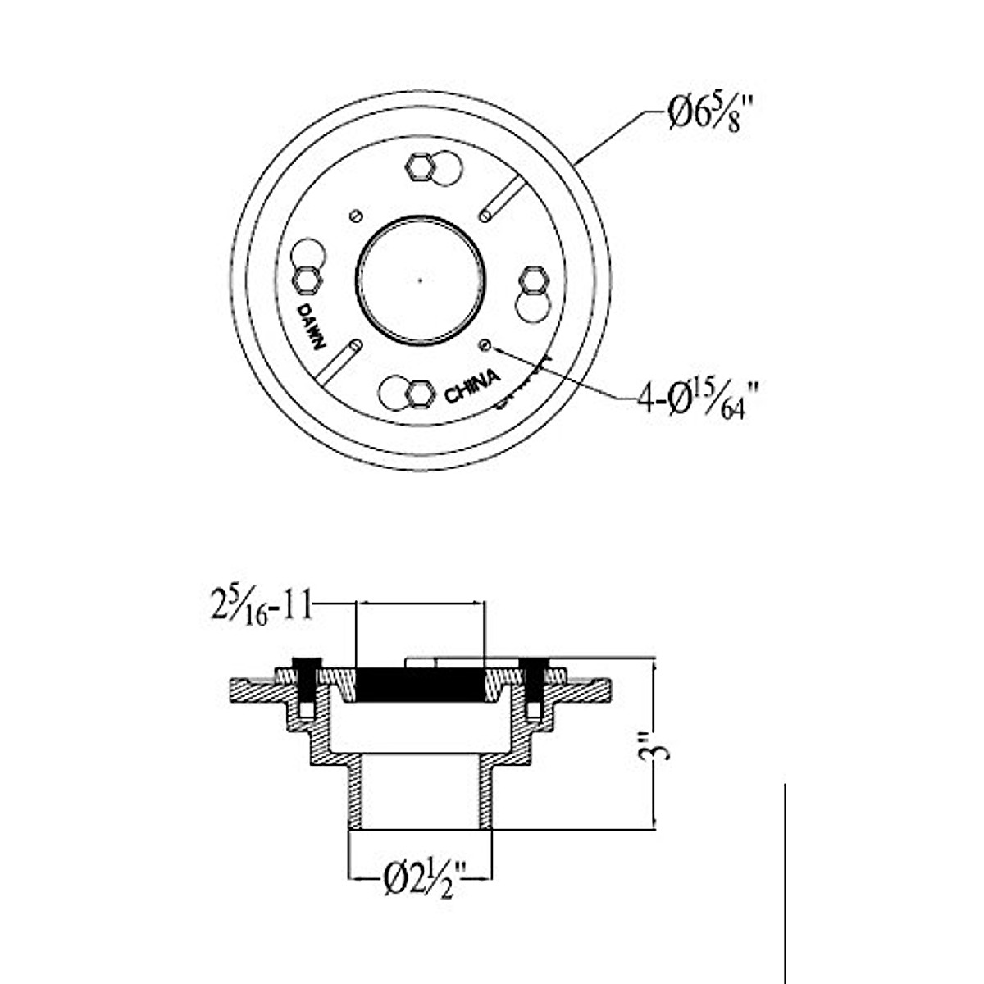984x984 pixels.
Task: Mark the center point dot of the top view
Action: (420, 279)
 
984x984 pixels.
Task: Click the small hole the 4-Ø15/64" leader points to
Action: (486, 345)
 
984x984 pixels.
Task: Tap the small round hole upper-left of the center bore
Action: (354, 215)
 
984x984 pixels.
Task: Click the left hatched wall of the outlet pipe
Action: (356, 795)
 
